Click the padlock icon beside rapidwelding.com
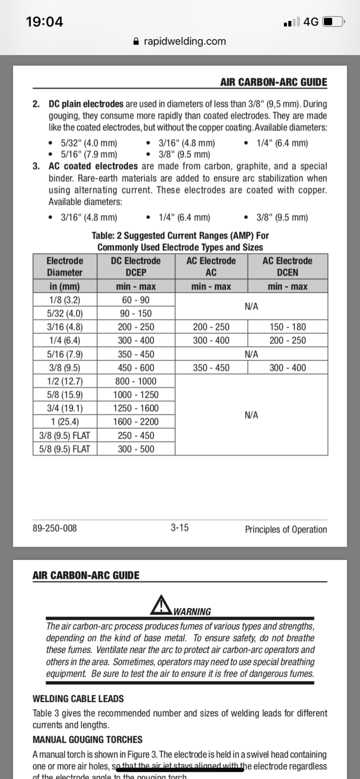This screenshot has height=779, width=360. point(136,41)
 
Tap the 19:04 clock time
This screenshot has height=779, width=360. point(44,22)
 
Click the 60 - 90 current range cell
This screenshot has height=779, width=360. point(136,300)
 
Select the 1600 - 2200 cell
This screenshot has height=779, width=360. point(136,422)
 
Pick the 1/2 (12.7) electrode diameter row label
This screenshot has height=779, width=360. point(65,381)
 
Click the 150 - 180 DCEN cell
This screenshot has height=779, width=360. point(287,327)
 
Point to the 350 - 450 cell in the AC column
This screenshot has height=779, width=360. point(211,368)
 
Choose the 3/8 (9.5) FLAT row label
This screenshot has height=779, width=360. point(65,435)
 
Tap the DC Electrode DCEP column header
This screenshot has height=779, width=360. point(136,266)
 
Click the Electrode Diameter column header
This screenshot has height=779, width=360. point(65,266)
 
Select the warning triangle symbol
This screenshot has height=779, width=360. point(160,605)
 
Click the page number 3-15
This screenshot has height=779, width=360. point(180,527)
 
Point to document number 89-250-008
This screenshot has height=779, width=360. point(55,528)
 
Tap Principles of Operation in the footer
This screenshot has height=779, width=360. point(286,529)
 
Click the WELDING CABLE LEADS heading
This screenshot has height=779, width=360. point(78,699)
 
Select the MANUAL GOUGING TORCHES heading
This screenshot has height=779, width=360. point(88,740)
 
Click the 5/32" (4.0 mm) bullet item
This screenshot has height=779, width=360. point(89,143)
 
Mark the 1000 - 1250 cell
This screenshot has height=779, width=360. point(136,395)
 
